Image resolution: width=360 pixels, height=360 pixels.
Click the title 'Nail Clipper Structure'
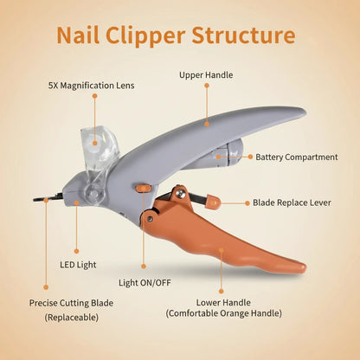coord(177,35)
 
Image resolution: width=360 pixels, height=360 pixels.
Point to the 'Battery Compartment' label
coord(296,157)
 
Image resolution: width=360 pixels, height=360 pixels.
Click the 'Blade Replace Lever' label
coord(293,202)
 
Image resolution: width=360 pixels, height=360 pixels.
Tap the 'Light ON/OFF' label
coord(144,282)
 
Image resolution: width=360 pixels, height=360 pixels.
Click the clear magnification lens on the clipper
coord(100,147)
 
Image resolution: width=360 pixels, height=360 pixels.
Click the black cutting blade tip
coord(43,198)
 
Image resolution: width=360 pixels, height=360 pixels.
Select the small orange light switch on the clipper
coord(143,187)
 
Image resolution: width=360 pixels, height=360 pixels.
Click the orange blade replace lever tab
coord(212,202)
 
